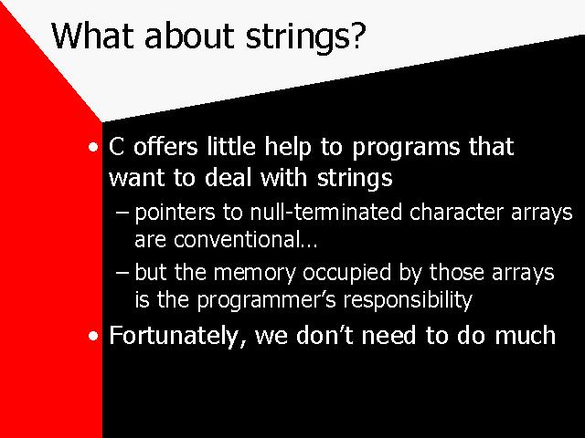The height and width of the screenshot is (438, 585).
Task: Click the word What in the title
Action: click(x=92, y=36)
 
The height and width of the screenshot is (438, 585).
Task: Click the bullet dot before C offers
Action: click(x=93, y=147)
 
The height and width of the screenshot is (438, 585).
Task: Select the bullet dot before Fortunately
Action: click(x=93, y=336)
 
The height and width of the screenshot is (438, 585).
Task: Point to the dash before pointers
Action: click(x=122, y=213)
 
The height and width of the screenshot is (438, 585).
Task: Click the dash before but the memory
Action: click(x=122, y=273)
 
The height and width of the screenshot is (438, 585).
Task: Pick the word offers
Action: click(x=165, y=146)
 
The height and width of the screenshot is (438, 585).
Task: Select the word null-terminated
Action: click(x=326, y=212)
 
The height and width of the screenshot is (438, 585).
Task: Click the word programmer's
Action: click(x=267, y=301)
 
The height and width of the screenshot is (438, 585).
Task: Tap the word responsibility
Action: click(x=408, y=300)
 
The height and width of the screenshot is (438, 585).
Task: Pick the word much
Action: click(x=526, y=335)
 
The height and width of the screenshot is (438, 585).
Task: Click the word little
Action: click(x=231, y=146)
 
